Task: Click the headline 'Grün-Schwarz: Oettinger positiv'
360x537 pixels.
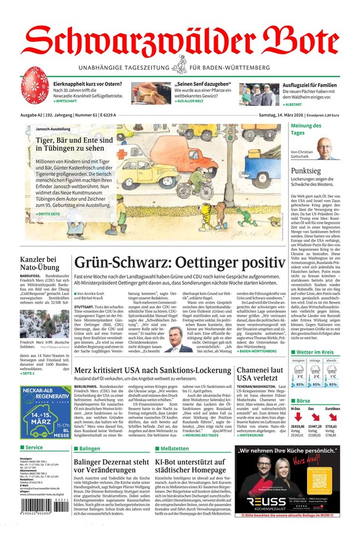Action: [x=180, y=262]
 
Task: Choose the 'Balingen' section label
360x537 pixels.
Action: [x=90, y=449]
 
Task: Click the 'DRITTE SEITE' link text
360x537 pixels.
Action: [x=50, y=213]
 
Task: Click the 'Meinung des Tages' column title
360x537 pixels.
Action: [x=306, y=129]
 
